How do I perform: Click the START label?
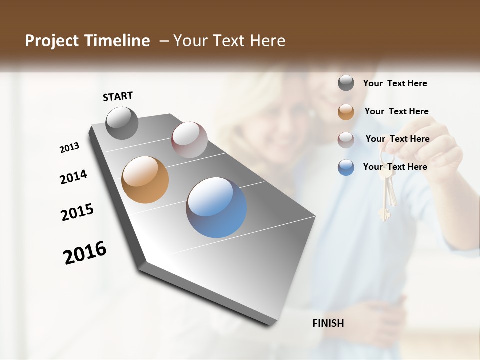click(118, 96)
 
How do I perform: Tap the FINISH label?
click(328, 323)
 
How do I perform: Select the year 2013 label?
click(70, 148)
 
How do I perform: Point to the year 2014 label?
click(73, 177)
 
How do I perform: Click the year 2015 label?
click(77, 212)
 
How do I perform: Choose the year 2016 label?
click(85, 252)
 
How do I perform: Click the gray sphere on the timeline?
click(122, 123)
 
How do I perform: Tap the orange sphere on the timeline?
click(145, 180)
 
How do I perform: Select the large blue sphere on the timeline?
click(216, 207)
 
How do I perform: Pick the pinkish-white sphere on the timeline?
click(189, 140)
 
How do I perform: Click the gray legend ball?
click(346, 83)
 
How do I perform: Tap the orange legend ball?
click(346, 111)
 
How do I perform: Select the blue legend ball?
click(346, 167)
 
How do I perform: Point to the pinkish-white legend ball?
click(346, 139)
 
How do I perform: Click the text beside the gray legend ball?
click(395, 84)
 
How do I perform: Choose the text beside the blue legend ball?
click(395, 167)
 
